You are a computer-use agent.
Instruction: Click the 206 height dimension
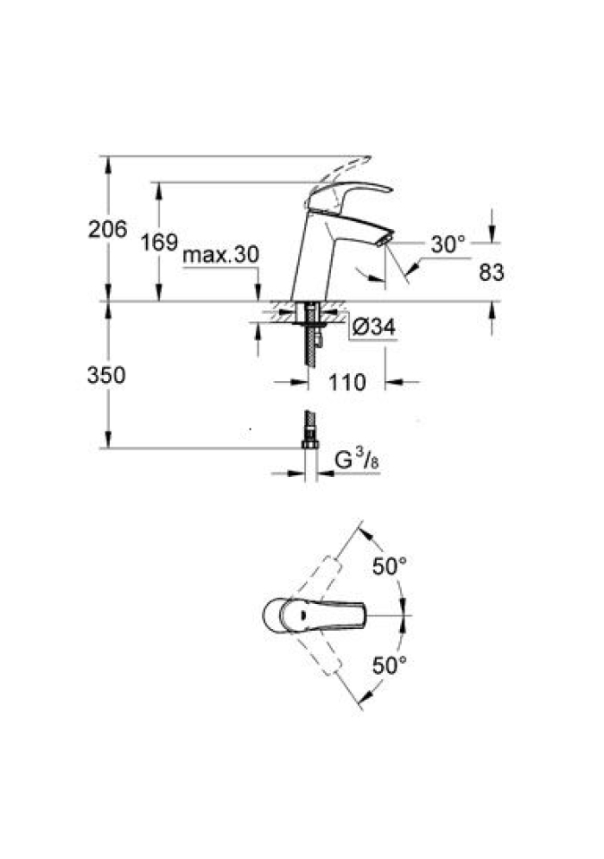107,229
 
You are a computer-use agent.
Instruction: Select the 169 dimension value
159,242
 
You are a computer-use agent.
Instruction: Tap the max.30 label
220,255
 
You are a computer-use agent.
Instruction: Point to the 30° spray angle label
447,244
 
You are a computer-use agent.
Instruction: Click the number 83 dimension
491,272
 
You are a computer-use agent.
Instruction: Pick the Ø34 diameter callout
374,327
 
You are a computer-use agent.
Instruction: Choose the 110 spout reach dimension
347,382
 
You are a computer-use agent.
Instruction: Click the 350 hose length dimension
106,375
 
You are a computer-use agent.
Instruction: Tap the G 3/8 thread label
357,460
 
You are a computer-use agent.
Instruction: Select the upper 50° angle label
390,566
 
